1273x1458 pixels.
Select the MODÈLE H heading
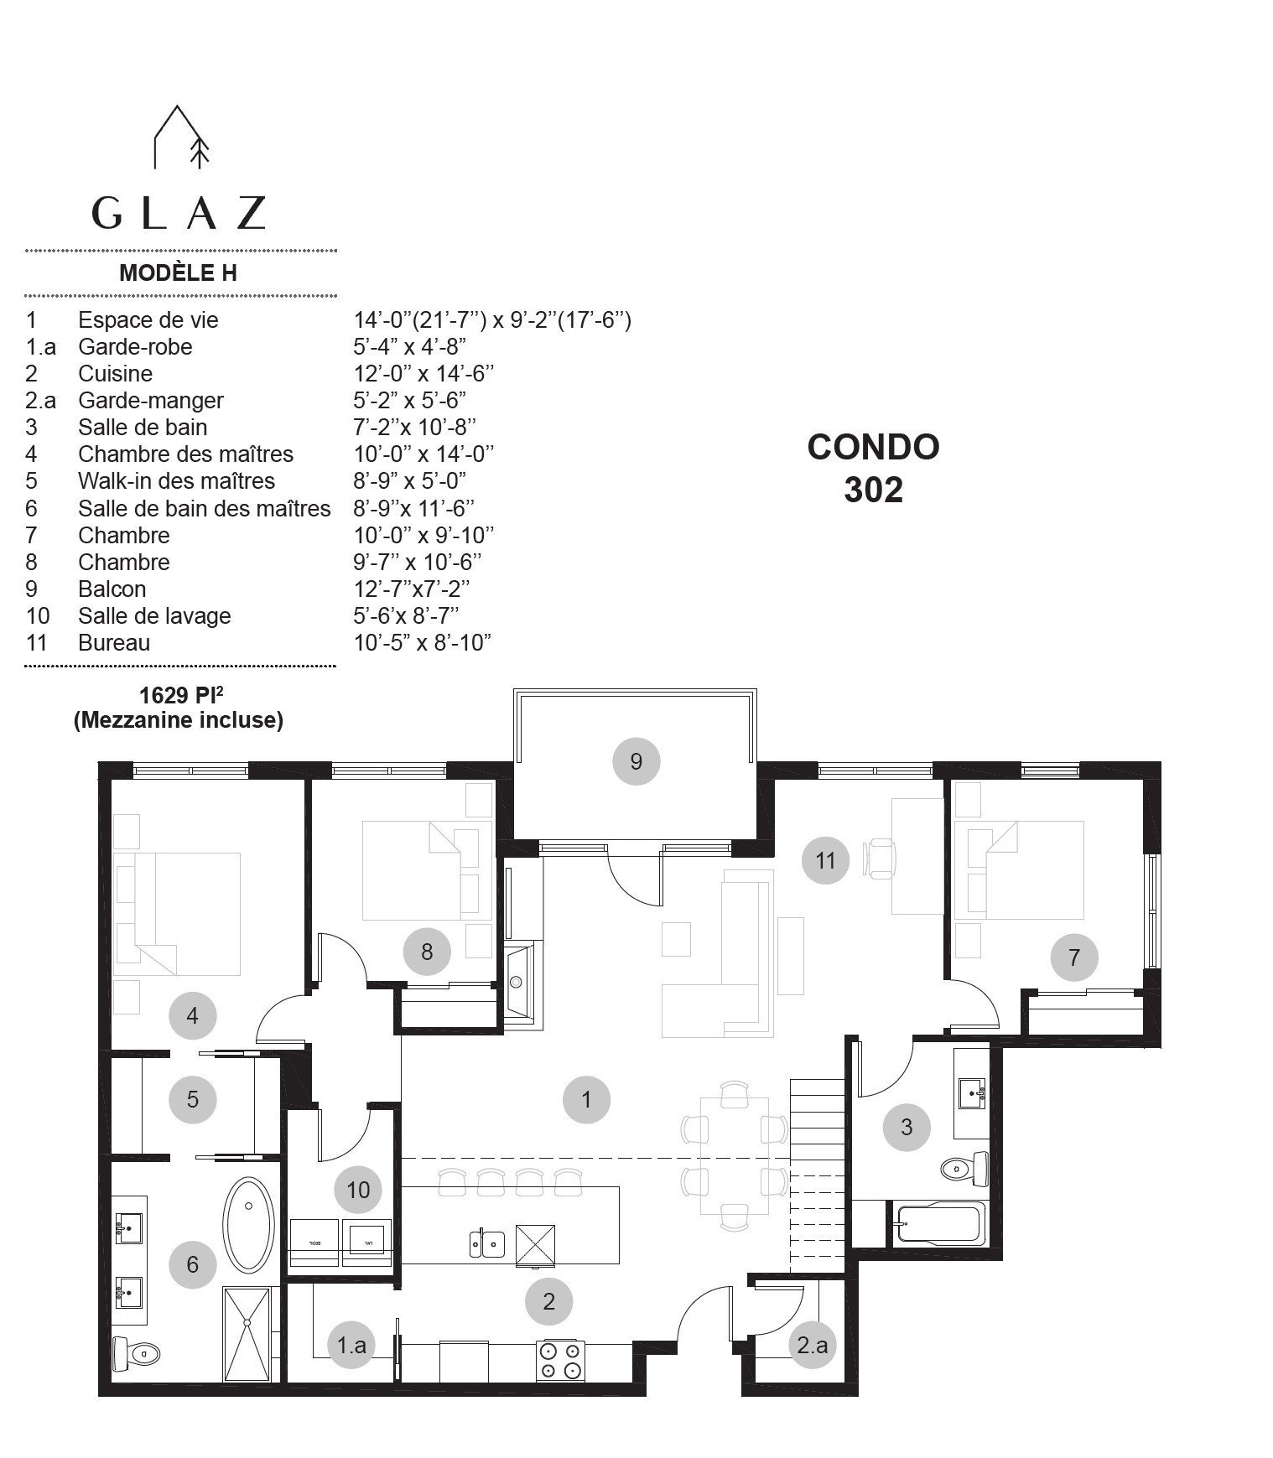pyautogui.click(x=178, y=272)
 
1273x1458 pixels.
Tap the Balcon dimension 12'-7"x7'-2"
pyautogui.click(x=412, y=589)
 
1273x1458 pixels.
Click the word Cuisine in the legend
pyautogui.click(x=115, y=373)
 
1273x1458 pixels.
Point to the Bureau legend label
pyautogui.click(x=114, y=642)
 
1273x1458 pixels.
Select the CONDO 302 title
pyautogui.click(x=874, y=468)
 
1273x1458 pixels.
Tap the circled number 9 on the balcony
pyautogui.click(x=636, y=761)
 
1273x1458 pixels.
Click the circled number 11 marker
pyautogui.click(x=825, y=860)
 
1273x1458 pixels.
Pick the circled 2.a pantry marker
pyautogui.click(x=812, y=1345)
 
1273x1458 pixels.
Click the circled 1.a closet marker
pyautogui.click(x=351, y=1345)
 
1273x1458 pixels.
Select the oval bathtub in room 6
pyautogui.click(x=248, y=1226)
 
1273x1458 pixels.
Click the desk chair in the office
pyautogui.click(x=882, y=859)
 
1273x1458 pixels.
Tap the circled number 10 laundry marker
pyautogui.click(x=358, y=1189)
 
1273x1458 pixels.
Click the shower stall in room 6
pyautogui.click(x=247, y=1334)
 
